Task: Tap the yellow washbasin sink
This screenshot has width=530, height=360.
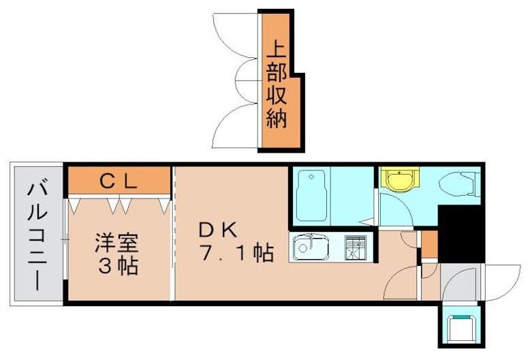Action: coord(397,180)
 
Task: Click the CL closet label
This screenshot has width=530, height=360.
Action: coord(120,181)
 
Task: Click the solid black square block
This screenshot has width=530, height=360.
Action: coord(461,232)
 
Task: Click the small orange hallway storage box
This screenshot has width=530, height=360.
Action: coord(429,245)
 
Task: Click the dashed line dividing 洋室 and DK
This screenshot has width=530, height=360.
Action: coord(174,232)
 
